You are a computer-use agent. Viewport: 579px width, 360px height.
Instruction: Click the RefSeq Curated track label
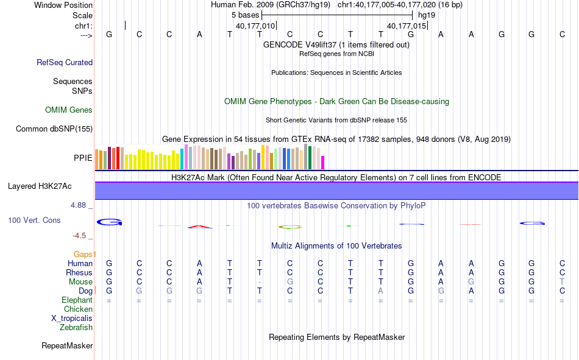pos(65,62)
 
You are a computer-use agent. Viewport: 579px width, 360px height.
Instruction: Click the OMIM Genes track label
pos(69,110)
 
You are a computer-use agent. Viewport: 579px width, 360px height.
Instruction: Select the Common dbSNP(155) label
pos(54,129)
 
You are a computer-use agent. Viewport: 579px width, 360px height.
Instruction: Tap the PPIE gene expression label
pos(83,158)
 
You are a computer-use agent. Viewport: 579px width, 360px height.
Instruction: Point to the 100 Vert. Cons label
pos(34,220)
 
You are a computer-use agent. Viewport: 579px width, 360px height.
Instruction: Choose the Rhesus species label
pos(79,273)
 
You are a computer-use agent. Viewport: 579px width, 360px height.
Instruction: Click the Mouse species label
pos(80,282)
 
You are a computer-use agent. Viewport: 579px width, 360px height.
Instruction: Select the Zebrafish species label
pos(76,328)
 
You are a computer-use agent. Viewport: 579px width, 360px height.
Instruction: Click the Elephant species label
pos(77,300)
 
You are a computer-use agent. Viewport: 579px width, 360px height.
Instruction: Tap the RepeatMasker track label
pos(67,346)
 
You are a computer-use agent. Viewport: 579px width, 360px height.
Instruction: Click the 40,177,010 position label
pos(255,26)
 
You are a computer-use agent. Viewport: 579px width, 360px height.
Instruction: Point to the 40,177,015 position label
pos(407,26)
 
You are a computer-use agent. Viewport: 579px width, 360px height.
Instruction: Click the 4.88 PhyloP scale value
pos(79,205)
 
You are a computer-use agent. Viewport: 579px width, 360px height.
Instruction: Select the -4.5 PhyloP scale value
pos(79,236)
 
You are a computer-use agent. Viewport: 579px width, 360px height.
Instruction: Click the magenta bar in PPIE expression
pos(323,163)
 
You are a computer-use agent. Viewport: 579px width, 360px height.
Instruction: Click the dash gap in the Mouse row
pos(260,283)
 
